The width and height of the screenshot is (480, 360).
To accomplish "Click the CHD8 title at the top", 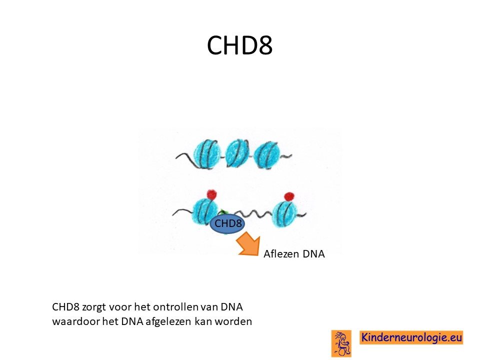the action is pos(239,45).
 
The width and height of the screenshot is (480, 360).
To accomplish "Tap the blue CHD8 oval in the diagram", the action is pos(227,223).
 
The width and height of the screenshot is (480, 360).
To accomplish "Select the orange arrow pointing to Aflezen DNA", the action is pos(248,245).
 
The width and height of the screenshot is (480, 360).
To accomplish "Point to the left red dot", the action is pos(211,194).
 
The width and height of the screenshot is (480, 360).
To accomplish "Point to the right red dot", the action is pos(289,196).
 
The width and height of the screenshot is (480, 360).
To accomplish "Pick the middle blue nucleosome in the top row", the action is pos(237,153).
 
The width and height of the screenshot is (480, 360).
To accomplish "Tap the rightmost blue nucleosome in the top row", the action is pos(267,155).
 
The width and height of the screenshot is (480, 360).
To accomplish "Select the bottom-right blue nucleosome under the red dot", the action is pos(285,213).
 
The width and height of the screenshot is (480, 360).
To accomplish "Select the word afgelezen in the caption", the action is pos(168,322).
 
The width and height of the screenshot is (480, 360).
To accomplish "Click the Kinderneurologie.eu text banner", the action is pos(411,337).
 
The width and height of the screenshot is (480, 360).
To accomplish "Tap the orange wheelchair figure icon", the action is pos(341,343).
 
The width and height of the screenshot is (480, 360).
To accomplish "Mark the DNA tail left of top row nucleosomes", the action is pos(184,156).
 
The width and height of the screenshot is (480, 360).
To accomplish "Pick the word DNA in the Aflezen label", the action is pos(313,254).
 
